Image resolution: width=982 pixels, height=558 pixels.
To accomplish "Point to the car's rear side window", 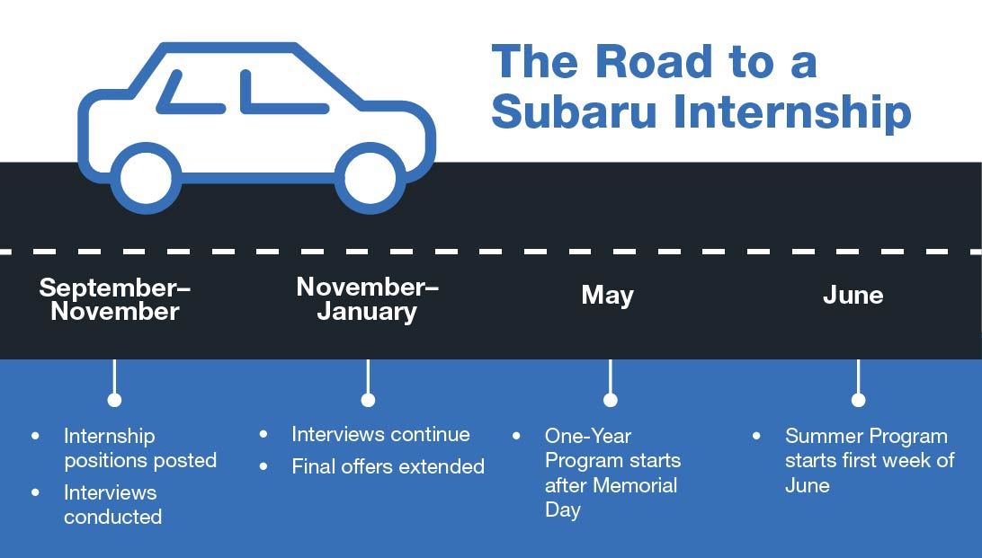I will pyautogui.click(x=193, y=94).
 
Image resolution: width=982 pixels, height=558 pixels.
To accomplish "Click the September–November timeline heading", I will pyautogui.click(x=115, y=299).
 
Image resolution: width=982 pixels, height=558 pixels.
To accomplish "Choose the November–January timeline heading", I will pyautogui.click(x=367, y=298).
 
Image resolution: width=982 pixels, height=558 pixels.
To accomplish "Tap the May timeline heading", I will pyautogui.click(x=608, y=296).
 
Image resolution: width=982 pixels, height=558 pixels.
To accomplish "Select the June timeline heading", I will pyautogui.click(x=853, y=296).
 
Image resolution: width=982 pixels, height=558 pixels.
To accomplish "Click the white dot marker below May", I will pyautogui.click(x=611, y=400).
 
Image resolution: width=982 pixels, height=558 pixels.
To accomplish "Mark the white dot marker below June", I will pyautogui.click(x=858, y=400).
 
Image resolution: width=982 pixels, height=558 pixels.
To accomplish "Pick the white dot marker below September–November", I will pyautogui.click(x=114, y=400).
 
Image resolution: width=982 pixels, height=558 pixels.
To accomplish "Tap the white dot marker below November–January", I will pyautogui.click(x=368, y=400).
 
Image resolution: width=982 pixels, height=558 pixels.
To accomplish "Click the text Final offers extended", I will pyautogui.click(x=388, y=466).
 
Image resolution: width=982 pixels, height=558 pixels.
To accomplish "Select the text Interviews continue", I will pyautogui.click(x=380, y=435).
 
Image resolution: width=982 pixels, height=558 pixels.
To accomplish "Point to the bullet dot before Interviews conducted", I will pyautogui.click(x=36, y=492).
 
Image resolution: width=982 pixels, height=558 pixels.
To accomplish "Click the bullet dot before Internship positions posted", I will pyautogui.click(x=36, y=436).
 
